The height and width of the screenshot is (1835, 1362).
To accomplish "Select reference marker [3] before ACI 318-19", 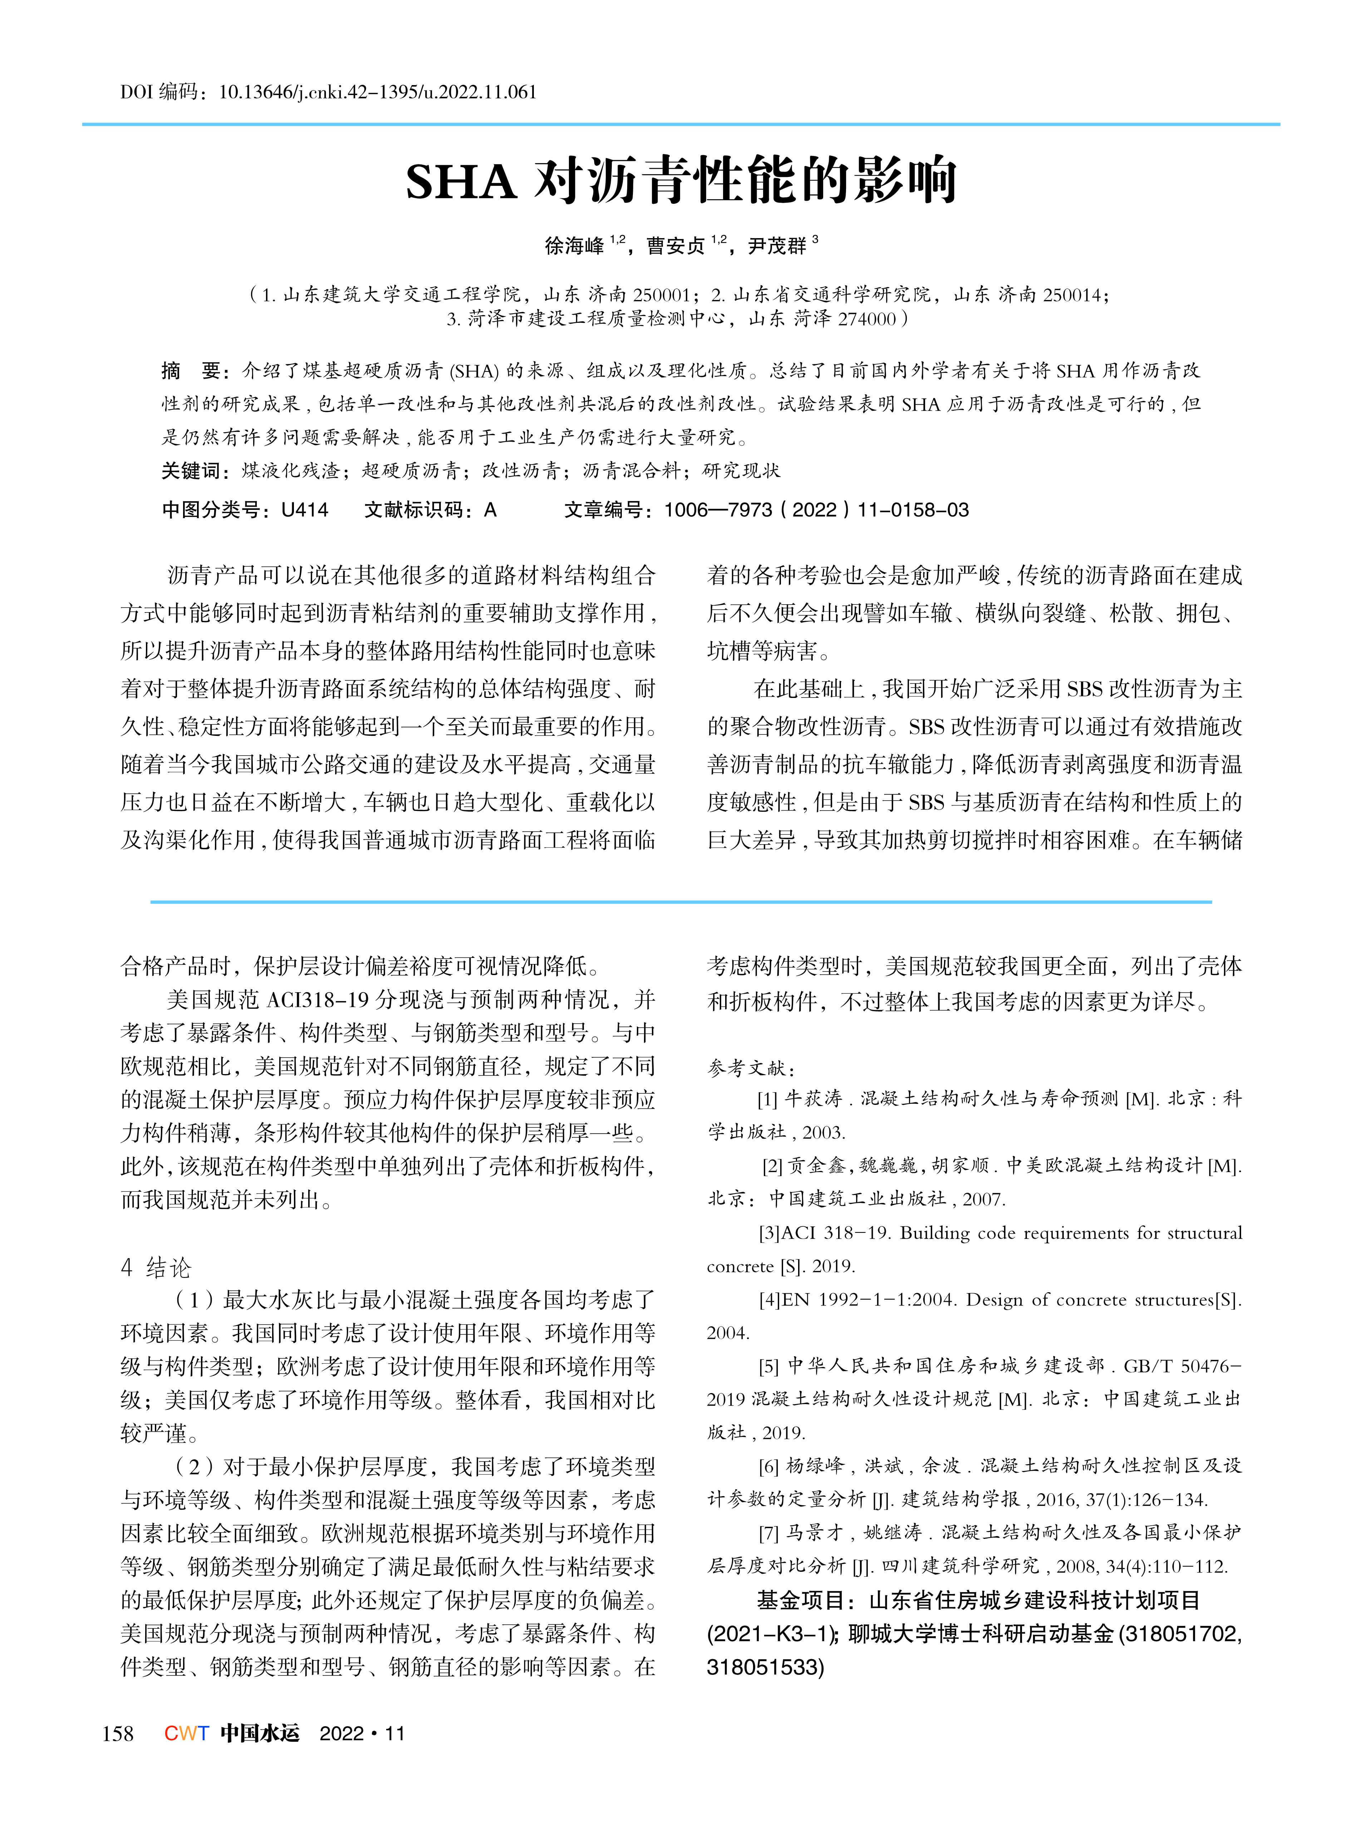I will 768,1233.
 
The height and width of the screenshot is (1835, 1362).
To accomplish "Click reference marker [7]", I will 768,1533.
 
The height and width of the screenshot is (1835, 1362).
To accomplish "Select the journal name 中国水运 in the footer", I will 260,1733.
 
